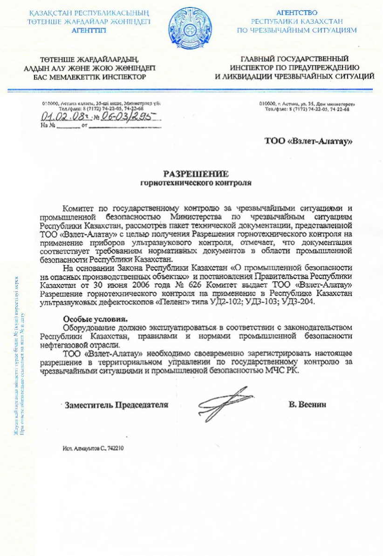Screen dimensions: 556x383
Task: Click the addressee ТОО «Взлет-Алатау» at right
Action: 308,141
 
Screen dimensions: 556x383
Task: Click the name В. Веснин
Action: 308,405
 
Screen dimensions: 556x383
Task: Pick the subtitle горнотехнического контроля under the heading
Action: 196,183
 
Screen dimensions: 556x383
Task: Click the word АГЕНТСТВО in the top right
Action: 297,13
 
